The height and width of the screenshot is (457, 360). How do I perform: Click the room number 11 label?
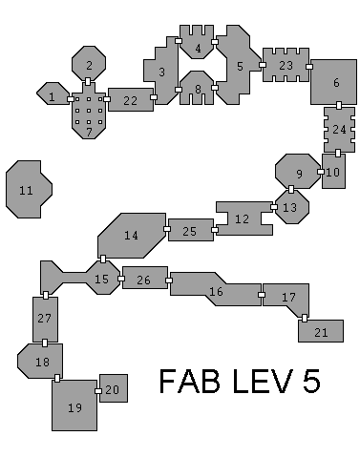(x=26, y=191)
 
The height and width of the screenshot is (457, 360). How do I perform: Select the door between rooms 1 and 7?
(x=71, y=99)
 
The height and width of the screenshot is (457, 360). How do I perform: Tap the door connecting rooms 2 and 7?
(x=88, y=81)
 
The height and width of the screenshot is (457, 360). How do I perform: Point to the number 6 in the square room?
(x=336, y=83)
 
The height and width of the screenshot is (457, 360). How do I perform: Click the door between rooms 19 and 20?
(x=98, y=391)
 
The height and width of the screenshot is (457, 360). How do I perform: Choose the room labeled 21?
(x=321, y=331)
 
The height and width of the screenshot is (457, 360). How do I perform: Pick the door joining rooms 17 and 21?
(x=305, y=318)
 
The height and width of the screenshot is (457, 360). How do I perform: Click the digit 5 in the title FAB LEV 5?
(x=311, y=381)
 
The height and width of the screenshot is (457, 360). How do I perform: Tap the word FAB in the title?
(x=190, y=381)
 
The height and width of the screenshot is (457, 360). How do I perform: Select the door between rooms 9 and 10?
(x=321, y=172)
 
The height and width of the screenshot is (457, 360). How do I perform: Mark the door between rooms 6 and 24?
(x=339, y=105)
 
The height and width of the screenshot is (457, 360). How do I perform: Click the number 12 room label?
(x=242, y=218)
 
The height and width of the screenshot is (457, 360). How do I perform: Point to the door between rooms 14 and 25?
(x=167, y=229)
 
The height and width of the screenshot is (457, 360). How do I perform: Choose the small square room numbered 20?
(x=114, y=388)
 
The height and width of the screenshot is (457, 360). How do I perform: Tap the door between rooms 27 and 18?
(x=45, y=343)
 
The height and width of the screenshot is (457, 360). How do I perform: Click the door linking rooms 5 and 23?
(x=263, y=65)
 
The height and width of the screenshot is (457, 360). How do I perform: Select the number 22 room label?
(x=130, y=101)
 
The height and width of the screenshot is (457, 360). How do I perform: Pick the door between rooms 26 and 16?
(x=169, y=280)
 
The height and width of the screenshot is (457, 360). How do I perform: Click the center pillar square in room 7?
(x=89, y=111)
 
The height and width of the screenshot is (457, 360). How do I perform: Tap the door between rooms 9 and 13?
(x=291, y=189)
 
